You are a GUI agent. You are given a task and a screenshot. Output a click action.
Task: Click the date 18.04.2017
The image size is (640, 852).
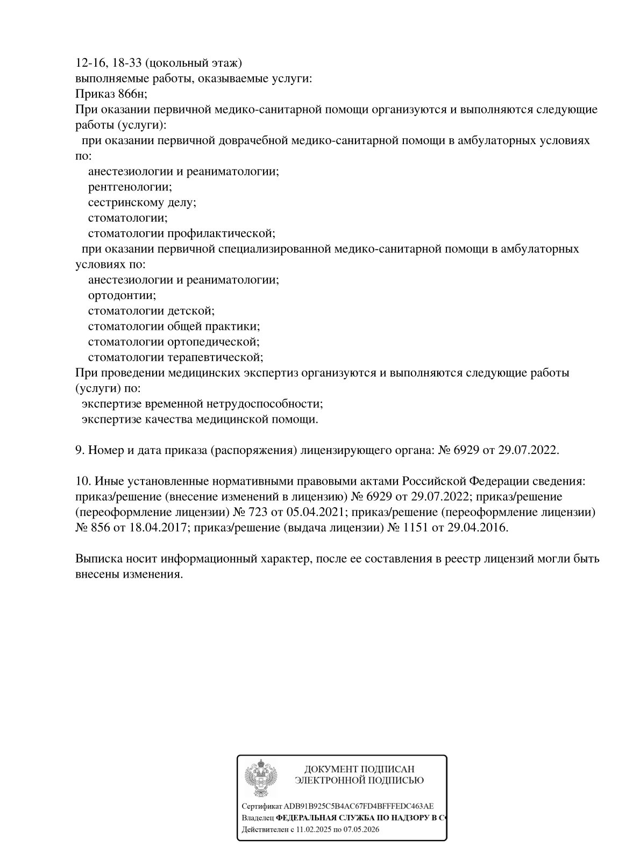(159, 527)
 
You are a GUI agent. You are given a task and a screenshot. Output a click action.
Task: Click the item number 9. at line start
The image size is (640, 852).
(80, 450)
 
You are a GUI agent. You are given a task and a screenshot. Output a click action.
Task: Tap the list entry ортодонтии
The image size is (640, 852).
(122, 295)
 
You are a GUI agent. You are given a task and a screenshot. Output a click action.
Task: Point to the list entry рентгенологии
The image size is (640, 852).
(130, 187)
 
